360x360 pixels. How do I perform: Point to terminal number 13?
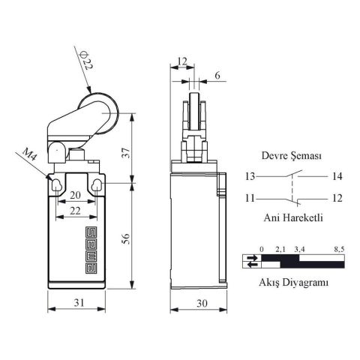[x=249, y=177]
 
